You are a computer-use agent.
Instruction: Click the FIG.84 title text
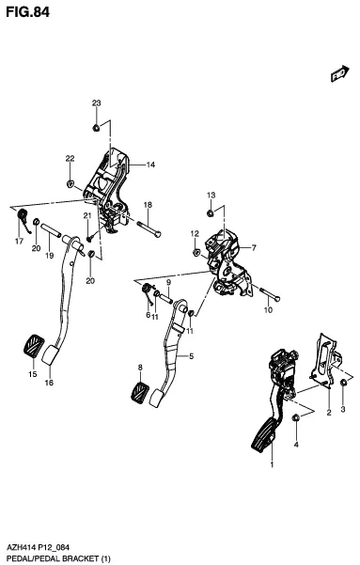tap(28, 12)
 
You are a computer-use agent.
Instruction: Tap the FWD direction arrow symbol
tap(340, 73)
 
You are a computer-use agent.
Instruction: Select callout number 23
tap(96, 103)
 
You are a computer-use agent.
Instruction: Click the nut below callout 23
tap(96, 128)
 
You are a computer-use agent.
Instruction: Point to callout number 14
tap(150, 165)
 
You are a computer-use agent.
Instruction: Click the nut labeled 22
tap(70, 183)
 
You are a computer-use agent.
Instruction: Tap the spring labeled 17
tap(23, 219)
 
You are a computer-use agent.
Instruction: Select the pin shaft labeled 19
tap(51, 230)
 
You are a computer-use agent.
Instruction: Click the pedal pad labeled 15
tap(33, 347)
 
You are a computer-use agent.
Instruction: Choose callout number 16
tap(49, 383)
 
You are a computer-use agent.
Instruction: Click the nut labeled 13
tap(210, 213)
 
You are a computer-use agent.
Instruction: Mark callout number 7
tap(254, 247)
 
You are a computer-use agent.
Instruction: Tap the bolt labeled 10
tap(270, 294)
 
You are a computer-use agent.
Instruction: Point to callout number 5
tap(192, 356)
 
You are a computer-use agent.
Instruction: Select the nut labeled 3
tap(344, 383)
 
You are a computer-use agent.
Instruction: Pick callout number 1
tap(272, 464)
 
